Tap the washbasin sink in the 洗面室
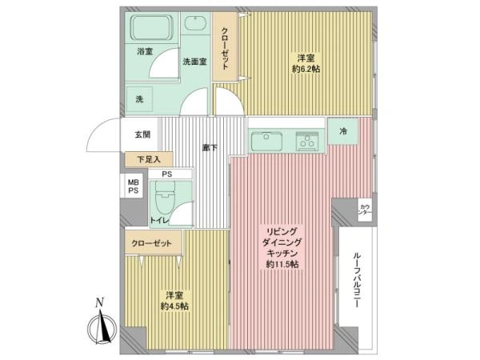[x=194, y=23]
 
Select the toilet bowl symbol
[x=165, y=198]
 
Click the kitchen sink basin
[x=266, y=142]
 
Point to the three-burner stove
[x=306, y=142]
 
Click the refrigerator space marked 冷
[x=343, y=131]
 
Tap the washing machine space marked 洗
[x=139, y=99]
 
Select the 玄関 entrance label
[x=142, y=134]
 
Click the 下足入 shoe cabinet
[x=149, y=159]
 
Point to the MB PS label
[x=133, y=186]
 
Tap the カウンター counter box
[x=365, y=210]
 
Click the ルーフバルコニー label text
[x=356, y=279]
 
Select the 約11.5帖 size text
[x=282, y=265]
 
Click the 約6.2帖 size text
[x=306, y=69]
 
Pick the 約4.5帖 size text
[x=174, y=306]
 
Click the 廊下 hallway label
[x=210, y=148]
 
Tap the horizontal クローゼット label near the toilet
[x=151, y=244]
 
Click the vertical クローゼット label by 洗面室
[x=225, y=49]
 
